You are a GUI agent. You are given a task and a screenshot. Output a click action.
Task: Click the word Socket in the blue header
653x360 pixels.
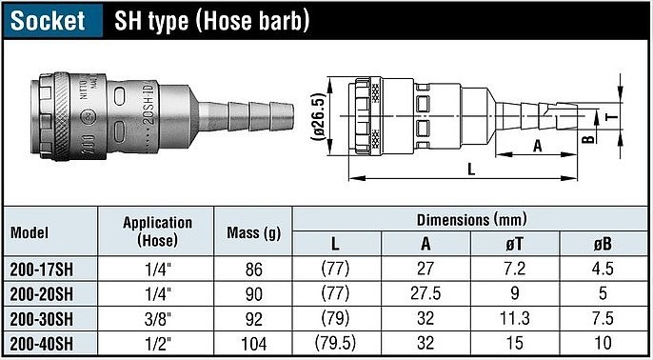(x=48, y=20)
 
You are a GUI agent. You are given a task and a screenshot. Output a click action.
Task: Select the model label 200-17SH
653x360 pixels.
(x=42, y=270)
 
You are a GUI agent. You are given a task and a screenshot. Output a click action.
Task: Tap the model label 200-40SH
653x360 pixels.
(x=42, y=343)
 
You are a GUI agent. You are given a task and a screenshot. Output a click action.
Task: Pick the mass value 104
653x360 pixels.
(x=254, y=344)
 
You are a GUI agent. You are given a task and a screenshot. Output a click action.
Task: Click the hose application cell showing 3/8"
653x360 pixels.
(x=157, y=319)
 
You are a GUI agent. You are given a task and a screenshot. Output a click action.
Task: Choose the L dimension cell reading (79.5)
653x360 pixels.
(x=336, y=343)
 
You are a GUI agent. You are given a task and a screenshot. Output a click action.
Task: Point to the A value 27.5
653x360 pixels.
(x=425, y=294)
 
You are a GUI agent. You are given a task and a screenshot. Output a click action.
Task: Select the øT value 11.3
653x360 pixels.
(x=515, y=319)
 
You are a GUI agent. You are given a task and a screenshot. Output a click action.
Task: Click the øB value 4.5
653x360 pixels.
(x=603, y=270)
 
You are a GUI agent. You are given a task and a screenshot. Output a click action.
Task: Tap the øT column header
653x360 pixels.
(x=515, y=244)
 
